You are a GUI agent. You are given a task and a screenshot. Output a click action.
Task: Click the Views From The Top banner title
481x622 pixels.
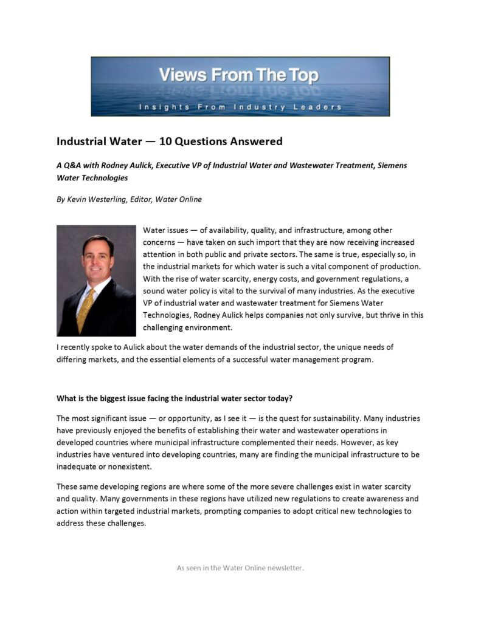pos(238,76)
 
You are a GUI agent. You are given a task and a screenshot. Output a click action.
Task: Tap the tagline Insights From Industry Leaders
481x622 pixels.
pos(240,107)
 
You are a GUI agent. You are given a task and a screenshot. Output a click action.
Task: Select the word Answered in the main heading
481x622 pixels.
pos(256,142)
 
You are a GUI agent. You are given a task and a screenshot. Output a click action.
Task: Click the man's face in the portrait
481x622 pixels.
pos(97,259)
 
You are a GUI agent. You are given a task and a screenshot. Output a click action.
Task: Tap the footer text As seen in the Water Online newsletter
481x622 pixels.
pos(240,568)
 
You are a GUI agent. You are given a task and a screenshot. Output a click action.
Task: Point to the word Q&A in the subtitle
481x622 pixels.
pos(73,165)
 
